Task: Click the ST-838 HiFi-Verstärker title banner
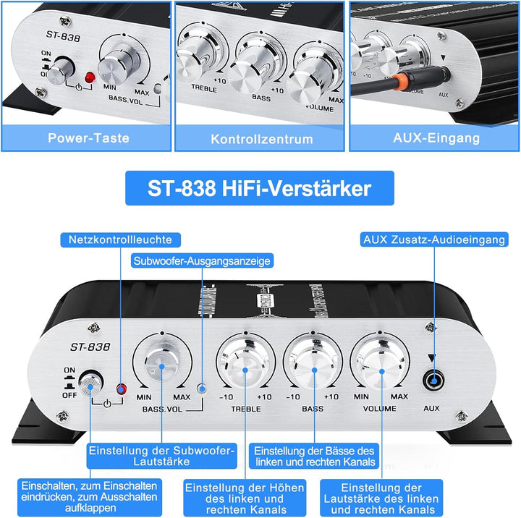(260, 190)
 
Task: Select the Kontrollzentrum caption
(261, 137)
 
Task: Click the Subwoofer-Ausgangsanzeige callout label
(202, 259)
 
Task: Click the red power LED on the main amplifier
(121, 391)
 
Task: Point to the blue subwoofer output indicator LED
(202, 388)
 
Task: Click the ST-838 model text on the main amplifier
(91, 347)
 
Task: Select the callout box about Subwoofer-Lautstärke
(161, 456)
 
